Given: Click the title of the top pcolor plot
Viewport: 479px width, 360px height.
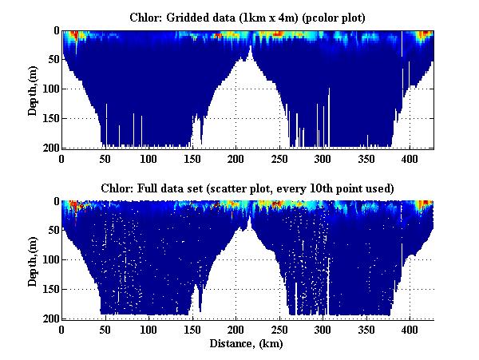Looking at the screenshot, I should coord(247,17).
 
